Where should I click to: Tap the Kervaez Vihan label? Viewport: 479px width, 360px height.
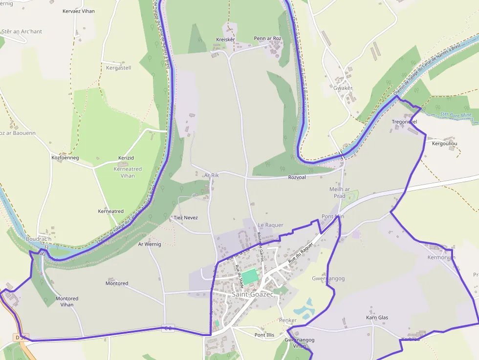[x=79, y=11]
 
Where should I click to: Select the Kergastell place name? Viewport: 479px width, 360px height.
[x=119, y=68]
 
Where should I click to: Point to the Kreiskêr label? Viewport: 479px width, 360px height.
[x=225, y=40]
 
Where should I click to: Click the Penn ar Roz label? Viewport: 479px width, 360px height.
[x=267, y=39]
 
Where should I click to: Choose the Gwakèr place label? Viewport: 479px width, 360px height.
[x=343, y=88]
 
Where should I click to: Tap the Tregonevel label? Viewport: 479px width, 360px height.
[x=404, y=122]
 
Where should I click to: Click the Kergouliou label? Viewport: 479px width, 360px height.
[x=444, y=144]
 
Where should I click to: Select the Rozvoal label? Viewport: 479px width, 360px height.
[x=297, y=177]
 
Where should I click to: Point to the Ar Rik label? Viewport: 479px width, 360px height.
[x=212, y=175]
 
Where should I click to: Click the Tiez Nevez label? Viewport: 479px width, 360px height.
[x=186, y=217]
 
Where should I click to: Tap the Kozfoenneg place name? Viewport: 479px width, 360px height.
[x=65, y=158]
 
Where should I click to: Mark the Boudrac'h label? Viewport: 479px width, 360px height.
[x=39, y=239]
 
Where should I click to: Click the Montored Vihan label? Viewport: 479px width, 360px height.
[x=67, y=301]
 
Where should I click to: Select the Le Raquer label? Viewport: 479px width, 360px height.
[x=270, y=225]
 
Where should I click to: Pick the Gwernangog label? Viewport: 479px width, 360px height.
[x=328, y=278]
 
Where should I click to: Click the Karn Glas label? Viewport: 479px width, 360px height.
[x=377, y=318]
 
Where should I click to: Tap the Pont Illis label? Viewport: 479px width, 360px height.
[x=264, y=335]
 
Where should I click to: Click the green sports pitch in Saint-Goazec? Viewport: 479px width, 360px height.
[x=250, y=276]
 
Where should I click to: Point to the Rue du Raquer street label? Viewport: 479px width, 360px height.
[x=300, y=254]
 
